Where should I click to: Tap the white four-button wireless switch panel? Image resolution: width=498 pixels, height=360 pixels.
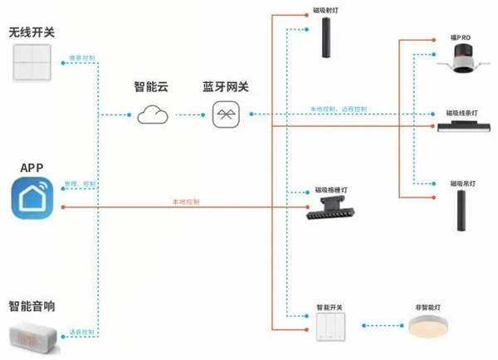coord(32,62)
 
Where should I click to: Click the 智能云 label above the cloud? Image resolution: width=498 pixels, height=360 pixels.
coord(152,86)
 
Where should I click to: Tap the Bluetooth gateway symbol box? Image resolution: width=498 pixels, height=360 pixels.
coord(227,114)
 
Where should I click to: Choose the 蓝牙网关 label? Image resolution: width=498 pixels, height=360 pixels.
coord(227,86)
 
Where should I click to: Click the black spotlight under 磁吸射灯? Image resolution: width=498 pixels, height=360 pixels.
coord(329,38)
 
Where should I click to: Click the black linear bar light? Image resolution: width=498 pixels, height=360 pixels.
coord(466,125)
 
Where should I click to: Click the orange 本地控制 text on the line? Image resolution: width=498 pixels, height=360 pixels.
coord(184,201)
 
